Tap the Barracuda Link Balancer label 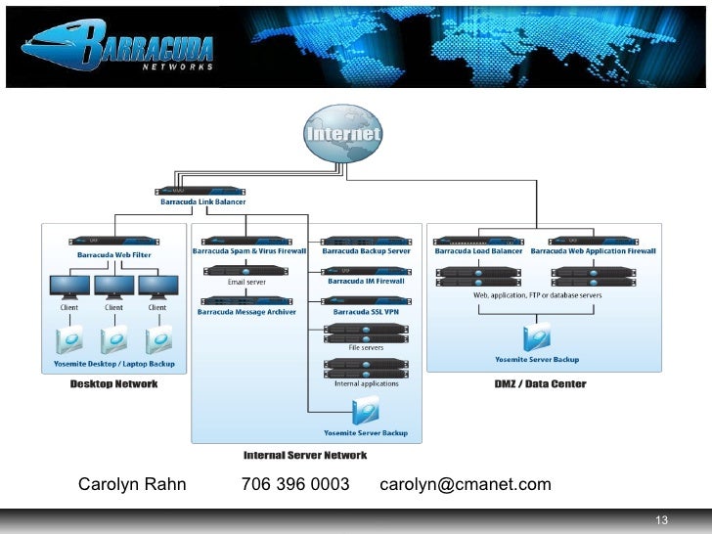tap(203, 202)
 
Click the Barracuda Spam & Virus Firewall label tap(249, 251)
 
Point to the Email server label tap(247, 282)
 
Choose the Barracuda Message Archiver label tap(246, 312)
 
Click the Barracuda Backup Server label tap(367, 251)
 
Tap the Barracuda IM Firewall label tap(367, 282)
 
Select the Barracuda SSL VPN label tap(367, 312)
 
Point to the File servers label tap(367, 347)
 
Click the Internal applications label tap(367, 383)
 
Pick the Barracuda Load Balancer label tap(479, 251)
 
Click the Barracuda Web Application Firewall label tap(594, 251)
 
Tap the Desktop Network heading tap(113, 384)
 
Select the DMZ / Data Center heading tap(541, 384)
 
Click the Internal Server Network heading tap(305, 455)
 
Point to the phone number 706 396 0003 tap(295, 485)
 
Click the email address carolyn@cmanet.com tap(466, 485)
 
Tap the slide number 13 tap(662, 519)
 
